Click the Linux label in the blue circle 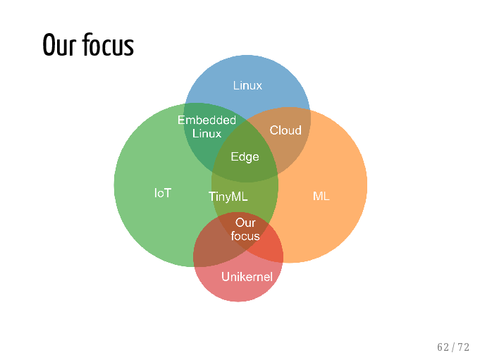pos(247,85)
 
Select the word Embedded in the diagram pos(207,120)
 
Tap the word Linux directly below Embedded pos(207,134)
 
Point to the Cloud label pos(285,130)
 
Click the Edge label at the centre pos(245,157)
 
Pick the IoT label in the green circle pos(163,193)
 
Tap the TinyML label pos(228,197)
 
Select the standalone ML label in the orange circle pos(321,196)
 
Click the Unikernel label pos(247,277)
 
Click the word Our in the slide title pos(59,44)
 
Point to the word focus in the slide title pos(108,44)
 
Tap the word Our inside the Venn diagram pos(245,223)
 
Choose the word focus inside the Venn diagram pos(245,236)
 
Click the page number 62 pos(443,347)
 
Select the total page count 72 pos(464,347)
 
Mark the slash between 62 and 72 pos(453,347)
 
